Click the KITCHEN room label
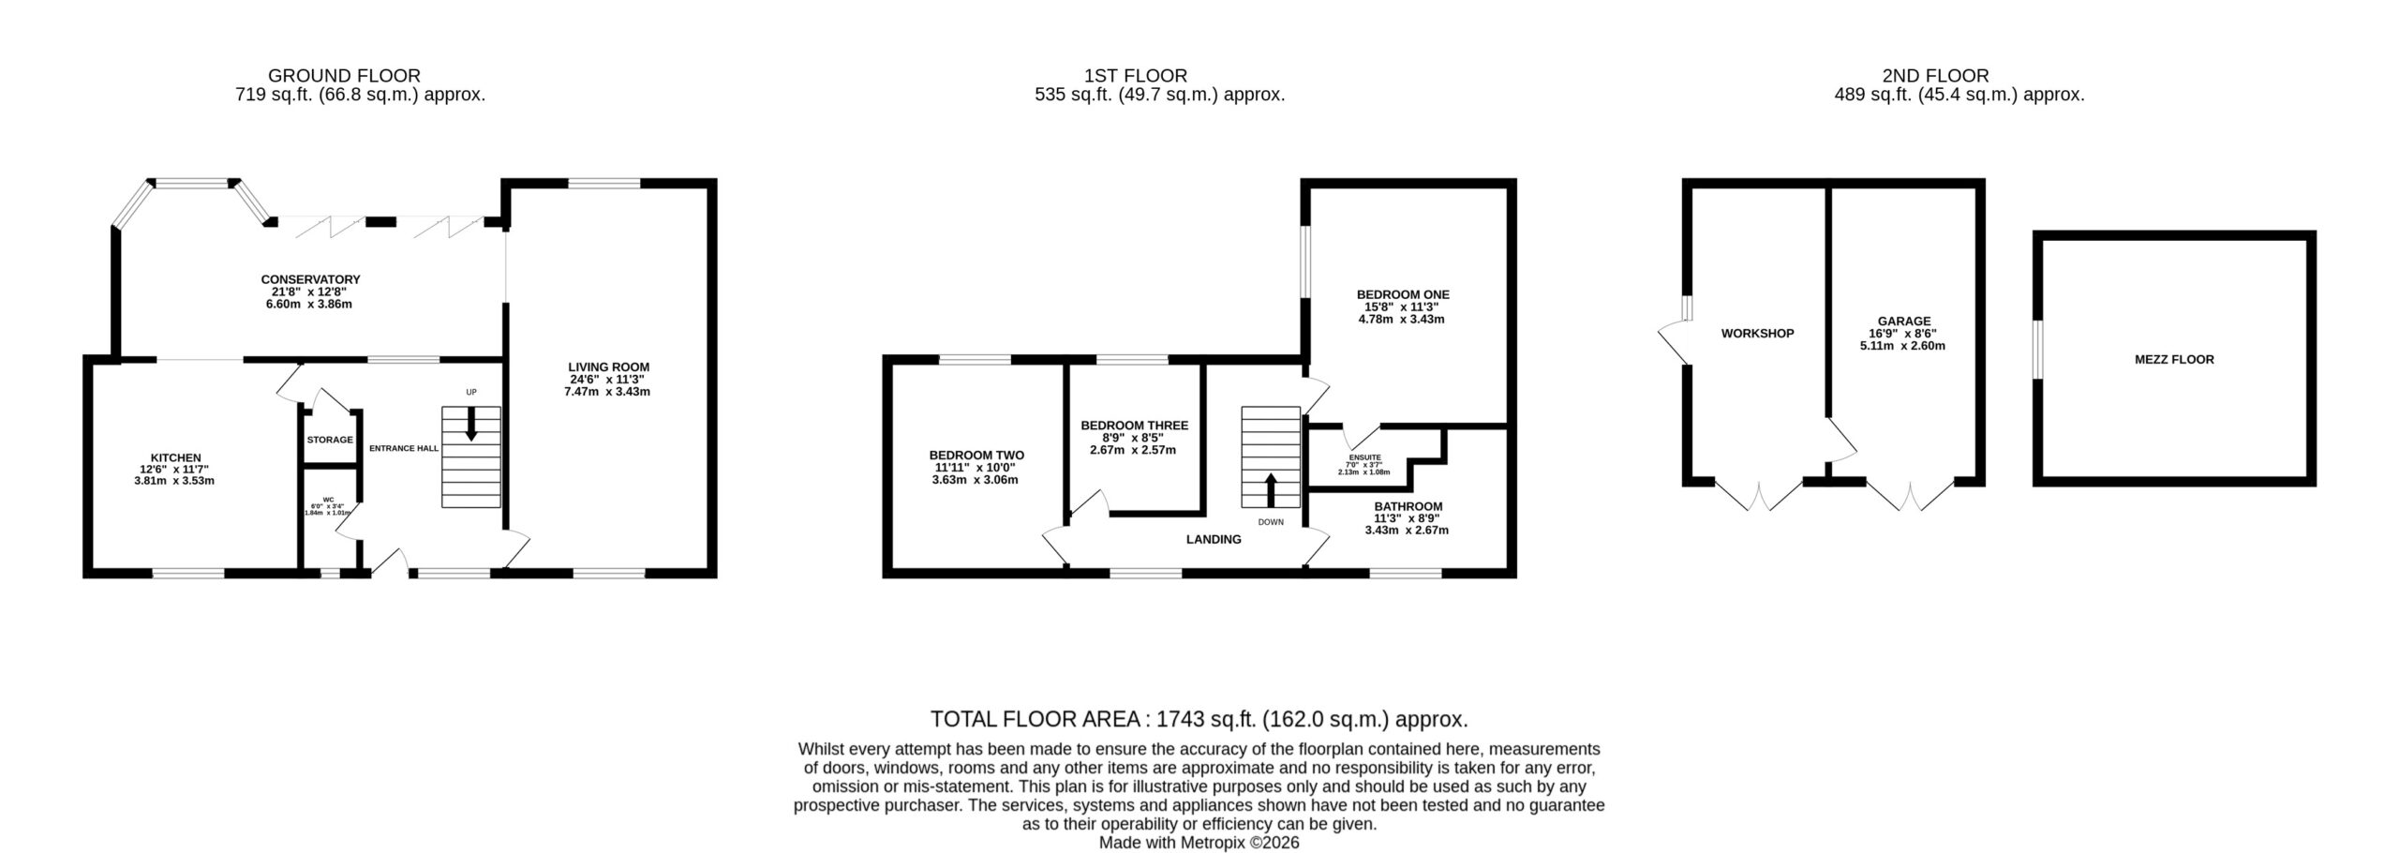(176, 458)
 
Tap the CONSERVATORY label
(310, 279)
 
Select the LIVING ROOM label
(608, 367)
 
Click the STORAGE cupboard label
(330, 440)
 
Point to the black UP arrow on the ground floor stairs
(470, 423)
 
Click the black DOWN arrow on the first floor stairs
(1271, 490)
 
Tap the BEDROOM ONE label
(1403, 294)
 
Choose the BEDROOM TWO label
(976, 456)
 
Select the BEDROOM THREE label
(1134, 426)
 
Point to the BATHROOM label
(1408, 506)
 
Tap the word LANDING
(1214, 539)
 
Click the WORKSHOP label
(1757, 333)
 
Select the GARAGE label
(1903, 322)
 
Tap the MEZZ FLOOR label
(2173, 359)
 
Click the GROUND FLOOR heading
(345, 76)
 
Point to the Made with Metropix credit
(1199, 843)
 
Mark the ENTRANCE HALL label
(403, 448)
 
